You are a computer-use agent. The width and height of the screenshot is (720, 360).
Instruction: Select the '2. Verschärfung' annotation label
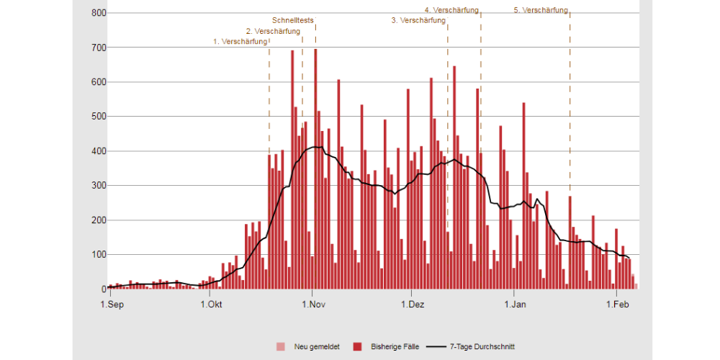pos(272,32)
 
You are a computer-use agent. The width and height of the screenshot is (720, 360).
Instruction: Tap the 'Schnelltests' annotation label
pos(293,21)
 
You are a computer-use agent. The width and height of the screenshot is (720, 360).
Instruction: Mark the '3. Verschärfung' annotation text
pos(418,21)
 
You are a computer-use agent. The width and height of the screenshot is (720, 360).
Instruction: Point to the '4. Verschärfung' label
pos(451,10)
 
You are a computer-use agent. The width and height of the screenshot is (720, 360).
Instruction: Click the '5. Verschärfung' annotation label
pos(541,10)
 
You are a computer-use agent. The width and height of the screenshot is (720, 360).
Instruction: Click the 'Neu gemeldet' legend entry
pos(310,346)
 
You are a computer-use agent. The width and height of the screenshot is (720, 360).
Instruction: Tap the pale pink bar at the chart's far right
pos(636,286)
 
